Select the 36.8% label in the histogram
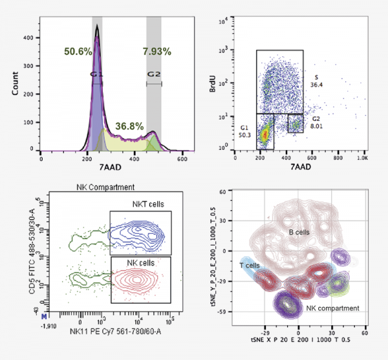click(129, 126)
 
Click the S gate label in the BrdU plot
click(316, 77)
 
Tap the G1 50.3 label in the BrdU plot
click(244, 132)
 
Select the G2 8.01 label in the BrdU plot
click(316, 123)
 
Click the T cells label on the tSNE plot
click(249, 265)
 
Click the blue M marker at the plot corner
click(44, 318)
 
